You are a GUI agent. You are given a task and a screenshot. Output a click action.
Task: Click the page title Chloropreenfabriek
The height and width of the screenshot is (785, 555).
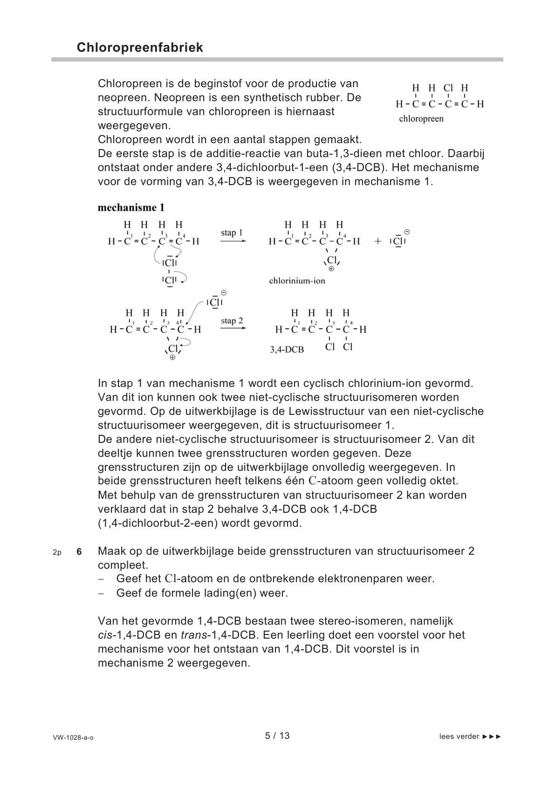point(139,48)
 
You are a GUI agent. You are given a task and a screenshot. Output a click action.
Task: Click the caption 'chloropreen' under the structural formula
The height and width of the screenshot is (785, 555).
point(421,119)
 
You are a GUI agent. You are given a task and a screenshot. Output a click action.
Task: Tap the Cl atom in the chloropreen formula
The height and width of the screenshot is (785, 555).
point(448,88)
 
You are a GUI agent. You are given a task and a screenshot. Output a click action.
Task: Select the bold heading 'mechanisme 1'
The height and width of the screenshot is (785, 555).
point(131,207)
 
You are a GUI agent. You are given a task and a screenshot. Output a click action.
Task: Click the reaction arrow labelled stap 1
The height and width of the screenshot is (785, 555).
point(233,241)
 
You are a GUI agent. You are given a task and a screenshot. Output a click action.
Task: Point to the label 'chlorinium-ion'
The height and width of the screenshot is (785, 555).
point(297,281)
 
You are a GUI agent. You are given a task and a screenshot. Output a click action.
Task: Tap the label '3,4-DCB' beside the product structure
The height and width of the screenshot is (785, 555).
point(287,349)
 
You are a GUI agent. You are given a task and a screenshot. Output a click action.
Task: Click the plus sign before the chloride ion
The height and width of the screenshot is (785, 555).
point(377,241)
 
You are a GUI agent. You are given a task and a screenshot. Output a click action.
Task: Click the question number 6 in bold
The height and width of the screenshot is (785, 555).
point(79,552)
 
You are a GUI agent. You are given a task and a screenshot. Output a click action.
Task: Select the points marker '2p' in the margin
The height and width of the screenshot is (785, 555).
point(57,552)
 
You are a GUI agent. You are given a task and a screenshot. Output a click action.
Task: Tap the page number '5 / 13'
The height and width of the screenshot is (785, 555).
point(277,736)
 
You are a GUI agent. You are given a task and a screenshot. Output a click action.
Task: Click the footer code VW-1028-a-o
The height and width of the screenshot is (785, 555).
point(73,737)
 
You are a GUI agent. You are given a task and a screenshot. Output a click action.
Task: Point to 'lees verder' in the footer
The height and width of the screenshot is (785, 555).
point(459,737)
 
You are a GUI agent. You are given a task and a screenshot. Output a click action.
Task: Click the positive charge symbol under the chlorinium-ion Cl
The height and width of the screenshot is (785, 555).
point(331,269)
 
